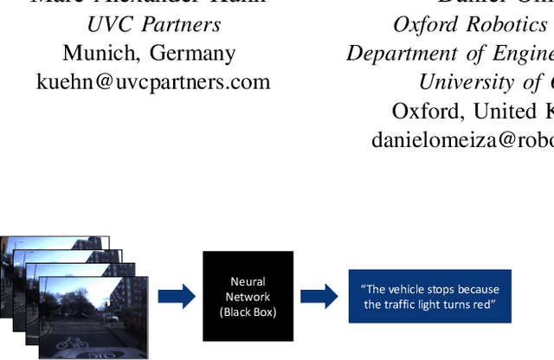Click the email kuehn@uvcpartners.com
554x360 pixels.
[x=153, y=82]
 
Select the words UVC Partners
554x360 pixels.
[x=153, y=23]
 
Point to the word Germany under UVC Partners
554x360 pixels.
[x=193, y=53]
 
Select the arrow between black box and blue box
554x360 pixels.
[x=319, y=296]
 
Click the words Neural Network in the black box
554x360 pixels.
[x=248, y=289]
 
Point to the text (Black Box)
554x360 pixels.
[x=248, y=312]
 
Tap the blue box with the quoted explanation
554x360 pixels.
[x=429, y=296]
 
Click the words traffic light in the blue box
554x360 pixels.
[x=423, y=304]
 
